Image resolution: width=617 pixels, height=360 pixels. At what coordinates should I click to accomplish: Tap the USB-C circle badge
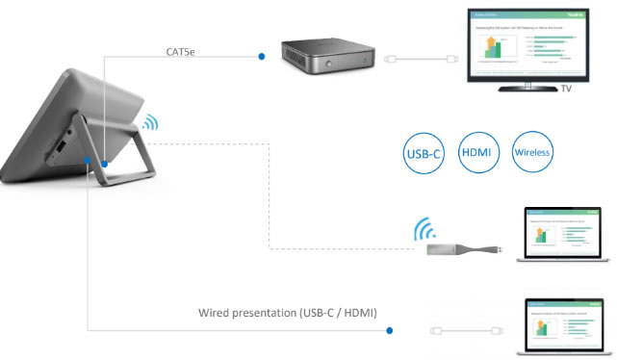[x=424, y=153]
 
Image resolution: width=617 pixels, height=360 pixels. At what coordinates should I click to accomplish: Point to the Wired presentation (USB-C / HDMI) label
[x=287, y=313]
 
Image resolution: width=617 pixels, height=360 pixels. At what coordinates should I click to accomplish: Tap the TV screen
[x=526, y=43]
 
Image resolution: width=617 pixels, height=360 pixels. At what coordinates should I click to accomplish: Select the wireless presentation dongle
[x=461, y=250]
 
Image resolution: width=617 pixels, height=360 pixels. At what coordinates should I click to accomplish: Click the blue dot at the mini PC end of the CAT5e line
[x=262, y=58]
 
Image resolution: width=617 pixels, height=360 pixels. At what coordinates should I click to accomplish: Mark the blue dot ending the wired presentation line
[x=390, y=330]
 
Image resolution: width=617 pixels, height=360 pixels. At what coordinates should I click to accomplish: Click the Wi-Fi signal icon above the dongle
[x=424, y=229]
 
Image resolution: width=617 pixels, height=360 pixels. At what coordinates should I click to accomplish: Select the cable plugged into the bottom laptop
[x=463, y=330]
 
